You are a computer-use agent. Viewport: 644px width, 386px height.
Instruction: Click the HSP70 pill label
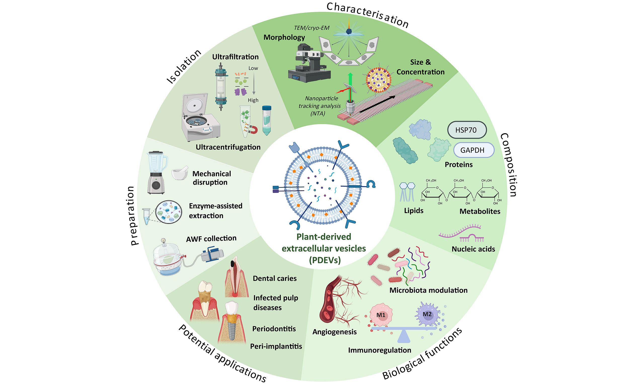click(467, 130)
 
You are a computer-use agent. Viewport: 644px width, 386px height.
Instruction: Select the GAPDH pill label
click(473, 150)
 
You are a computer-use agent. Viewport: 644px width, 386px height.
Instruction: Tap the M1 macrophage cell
click(381, 315)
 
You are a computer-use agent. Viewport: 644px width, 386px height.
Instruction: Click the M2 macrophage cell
click(427, 314)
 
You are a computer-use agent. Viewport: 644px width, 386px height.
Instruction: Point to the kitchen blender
click(156, 172)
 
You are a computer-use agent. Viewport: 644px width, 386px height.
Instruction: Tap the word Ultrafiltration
click(235, 57)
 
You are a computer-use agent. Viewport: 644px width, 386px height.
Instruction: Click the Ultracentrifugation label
click(228, 147)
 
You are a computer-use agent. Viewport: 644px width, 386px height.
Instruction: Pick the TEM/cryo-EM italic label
click(312, 28)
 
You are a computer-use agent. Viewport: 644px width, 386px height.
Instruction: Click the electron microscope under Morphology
click(309, 63)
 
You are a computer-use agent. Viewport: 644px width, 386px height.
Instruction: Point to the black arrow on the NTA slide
click(377, 104)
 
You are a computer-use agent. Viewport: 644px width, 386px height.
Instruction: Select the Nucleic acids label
click(473, 249)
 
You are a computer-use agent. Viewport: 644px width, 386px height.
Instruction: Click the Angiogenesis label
click(335, 332)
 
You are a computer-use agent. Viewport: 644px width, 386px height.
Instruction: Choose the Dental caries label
click(275, 278)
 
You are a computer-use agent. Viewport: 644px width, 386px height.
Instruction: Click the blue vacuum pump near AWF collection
click(213, 254)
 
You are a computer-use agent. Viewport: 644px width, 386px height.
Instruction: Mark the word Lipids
click(414, 210)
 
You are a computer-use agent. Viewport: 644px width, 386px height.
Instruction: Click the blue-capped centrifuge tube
click(267, 120)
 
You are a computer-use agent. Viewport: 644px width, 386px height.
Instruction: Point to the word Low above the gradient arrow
click(253, 68)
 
